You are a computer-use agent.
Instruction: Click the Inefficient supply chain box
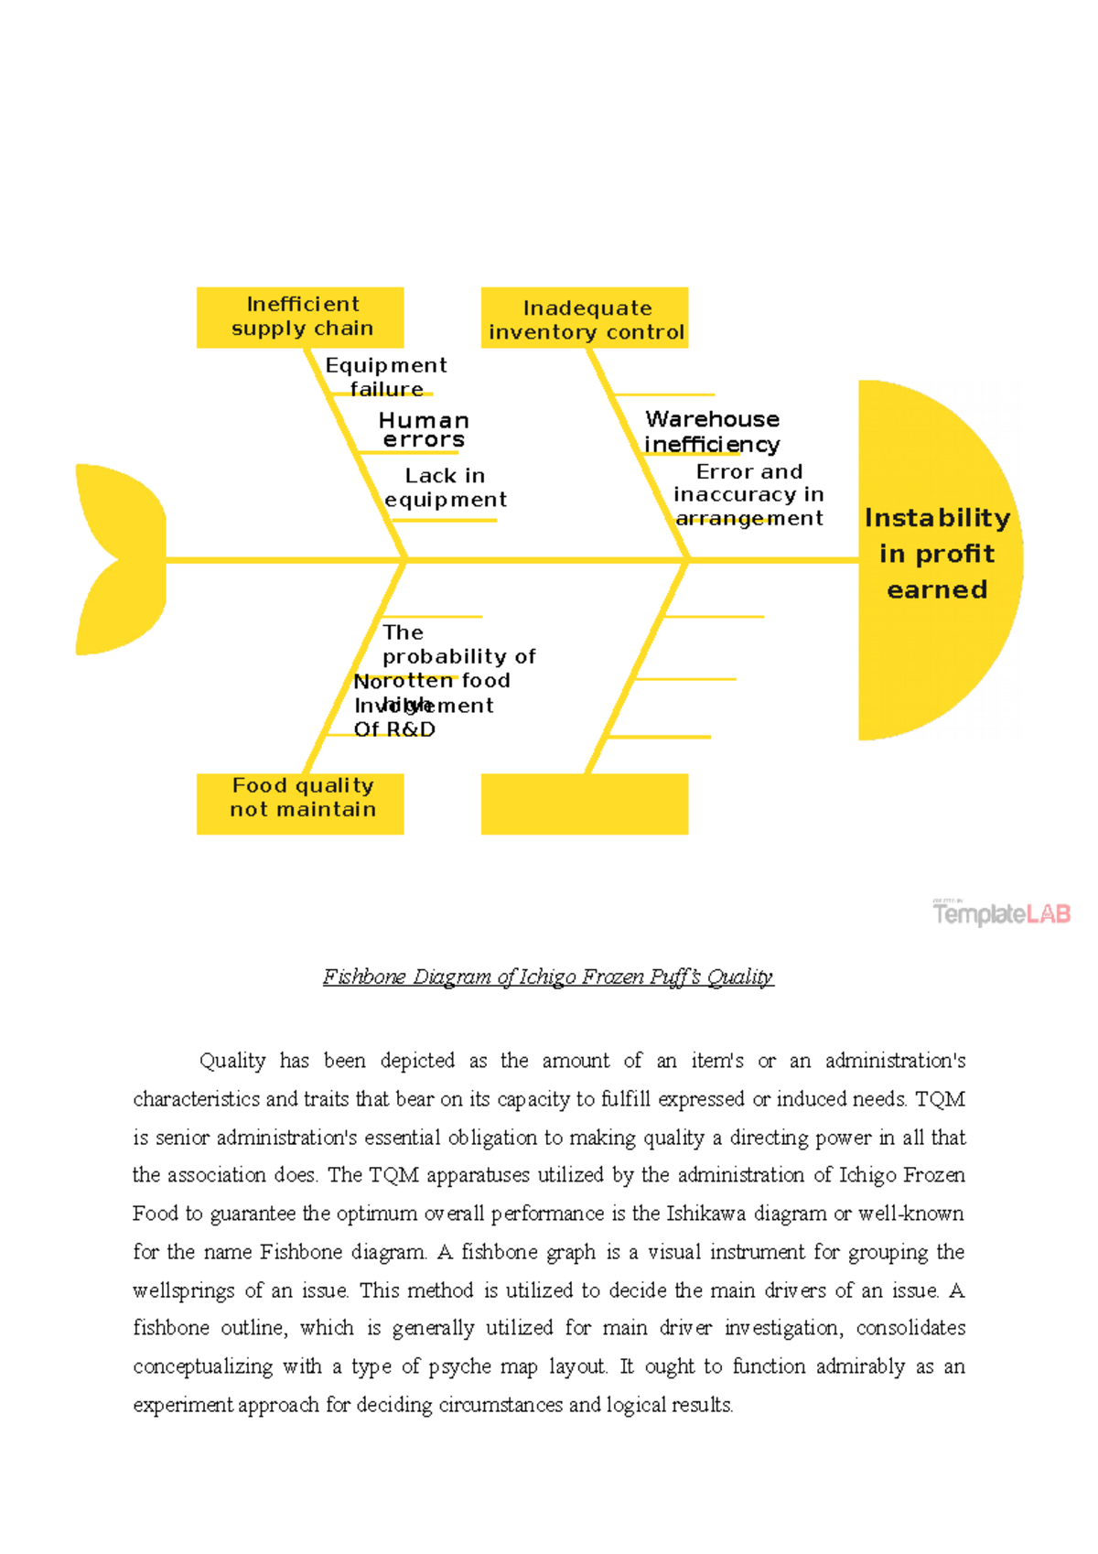(300, 317)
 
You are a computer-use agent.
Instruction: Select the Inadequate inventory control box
(585, 318)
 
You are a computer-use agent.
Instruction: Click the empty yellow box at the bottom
(585, 804)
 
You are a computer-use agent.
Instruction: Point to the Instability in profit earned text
(937, 554)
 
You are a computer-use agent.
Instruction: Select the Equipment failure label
(386, 376)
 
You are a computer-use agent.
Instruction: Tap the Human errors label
(424, 430)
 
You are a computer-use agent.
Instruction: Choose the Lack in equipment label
(446, 487)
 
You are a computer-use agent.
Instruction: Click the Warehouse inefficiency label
(713, 431)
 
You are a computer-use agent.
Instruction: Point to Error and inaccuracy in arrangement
(749, 494)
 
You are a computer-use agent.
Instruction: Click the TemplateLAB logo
(1002, 912)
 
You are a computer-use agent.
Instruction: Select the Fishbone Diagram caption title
(548, 977)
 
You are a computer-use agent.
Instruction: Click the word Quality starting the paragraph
(232, 1061)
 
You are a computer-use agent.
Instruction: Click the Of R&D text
(394, 729)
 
